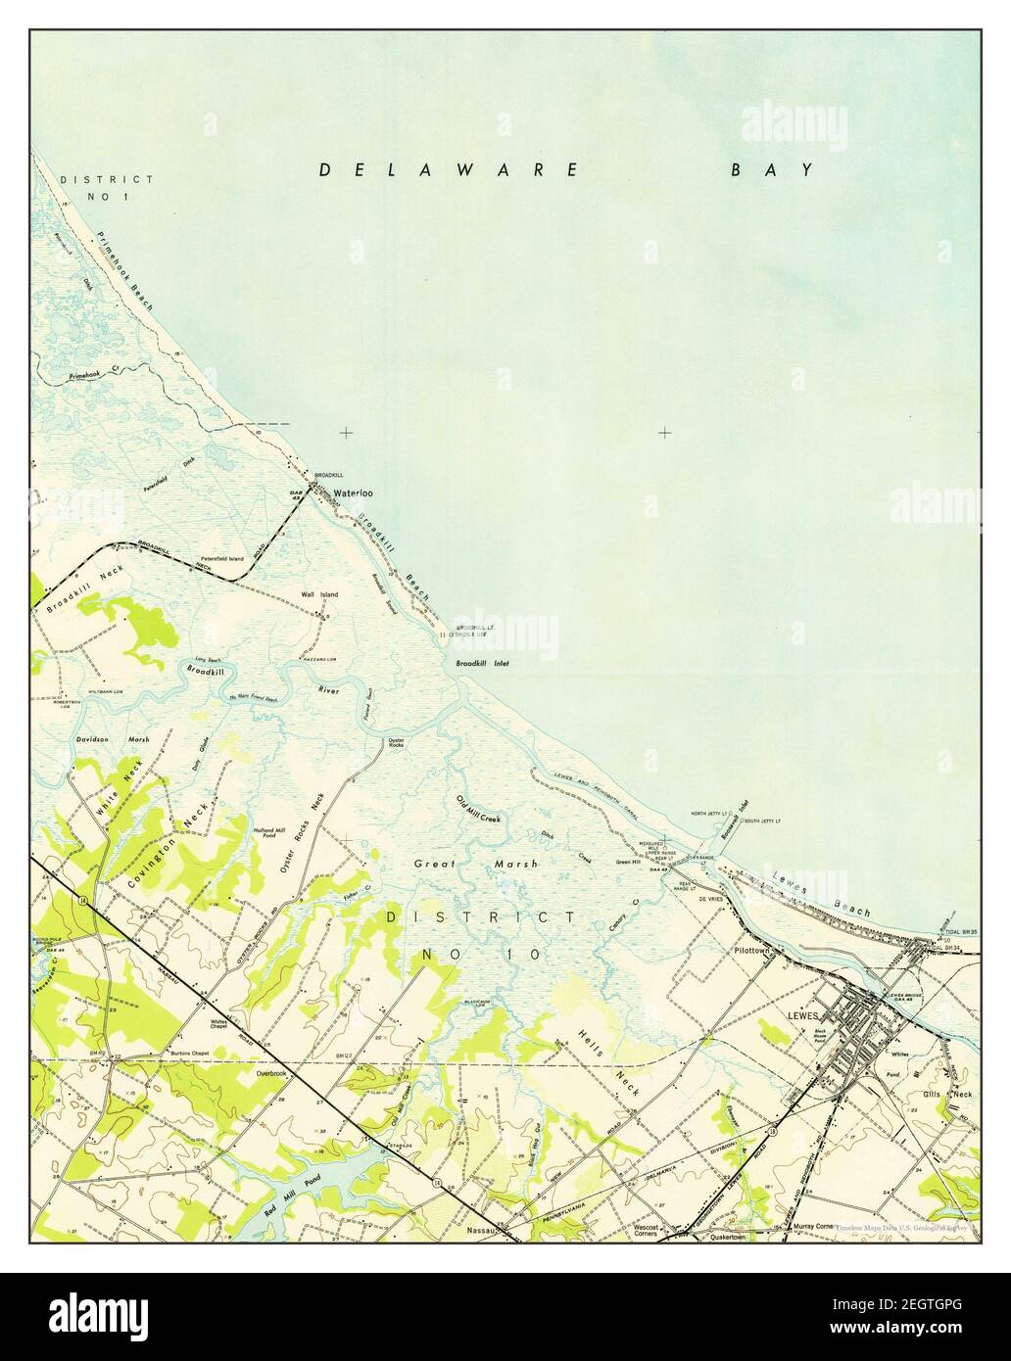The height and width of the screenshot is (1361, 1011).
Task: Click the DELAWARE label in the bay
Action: click(450, 170)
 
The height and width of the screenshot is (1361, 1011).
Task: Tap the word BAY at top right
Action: click(770, 170)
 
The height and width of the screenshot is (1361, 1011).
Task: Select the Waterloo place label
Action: click(354, 493)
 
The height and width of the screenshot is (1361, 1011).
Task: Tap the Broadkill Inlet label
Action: click(482, 664)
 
